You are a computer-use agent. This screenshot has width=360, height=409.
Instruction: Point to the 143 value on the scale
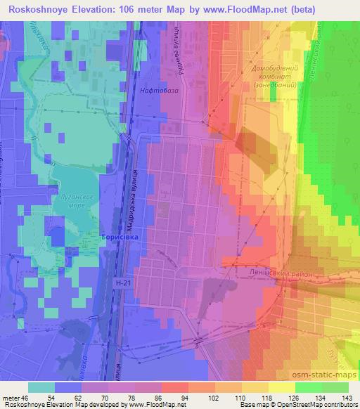[x=336, y=397]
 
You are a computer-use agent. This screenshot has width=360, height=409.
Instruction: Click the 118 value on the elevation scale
[x=256, y=397]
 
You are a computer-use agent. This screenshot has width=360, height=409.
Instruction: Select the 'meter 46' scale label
[x=15, y=397]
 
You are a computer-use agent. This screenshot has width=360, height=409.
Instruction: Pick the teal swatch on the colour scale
[x=41, y=387]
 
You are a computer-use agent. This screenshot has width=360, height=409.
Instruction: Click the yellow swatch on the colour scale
[x=282, y=387]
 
